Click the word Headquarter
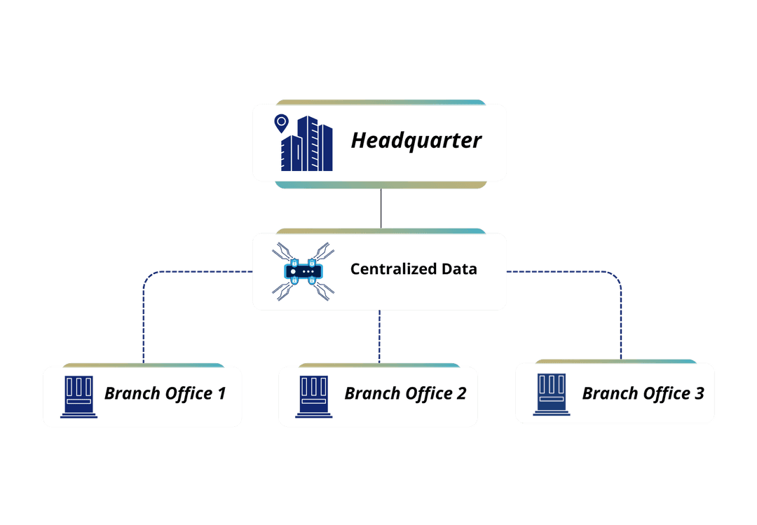(x=416, y=141)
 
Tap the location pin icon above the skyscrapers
(x=281, y=123)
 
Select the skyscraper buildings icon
(x=307, y=144)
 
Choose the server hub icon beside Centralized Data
(x=302, y=271)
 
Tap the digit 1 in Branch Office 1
(x=221, y=393)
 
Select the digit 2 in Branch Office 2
(x=461, y=393)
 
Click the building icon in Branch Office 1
(x=79, y=397)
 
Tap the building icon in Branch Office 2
(x=314, y=397)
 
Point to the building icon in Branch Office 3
(x=551, y=395)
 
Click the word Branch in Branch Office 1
(x=132, y=393)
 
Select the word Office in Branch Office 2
(x=427, y=393)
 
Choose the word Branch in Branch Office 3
(x=610, y=393)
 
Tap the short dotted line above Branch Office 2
(x=379, y=336)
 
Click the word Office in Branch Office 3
(x=664, y=393)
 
